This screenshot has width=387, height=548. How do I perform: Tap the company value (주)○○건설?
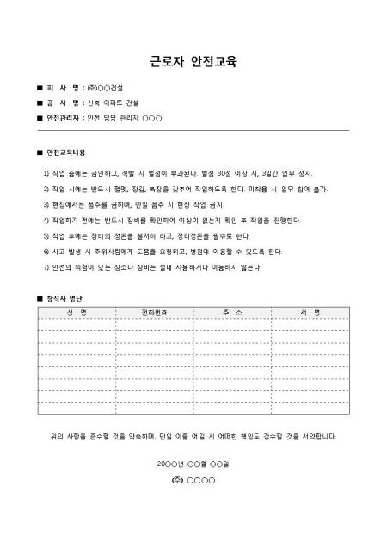click(x=106, y=90)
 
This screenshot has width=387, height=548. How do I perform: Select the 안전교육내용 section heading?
click(x=66, y=153)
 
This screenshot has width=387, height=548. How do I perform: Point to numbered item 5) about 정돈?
click(x=146, y=235)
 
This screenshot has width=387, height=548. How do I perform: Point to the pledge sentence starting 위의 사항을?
click(x=193, y=437)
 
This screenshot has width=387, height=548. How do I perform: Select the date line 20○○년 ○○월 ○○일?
click(x=193, y=464)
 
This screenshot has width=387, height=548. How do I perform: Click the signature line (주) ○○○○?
click(x=193, y=478)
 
